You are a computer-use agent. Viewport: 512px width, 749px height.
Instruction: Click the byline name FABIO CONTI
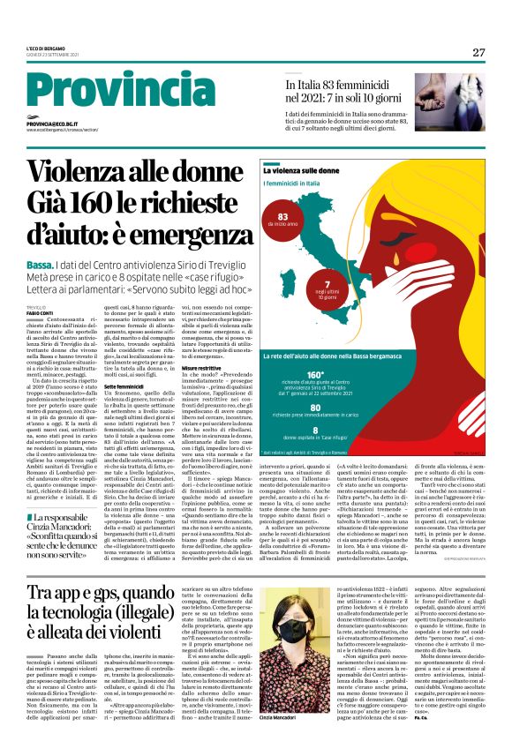click(40, 313)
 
